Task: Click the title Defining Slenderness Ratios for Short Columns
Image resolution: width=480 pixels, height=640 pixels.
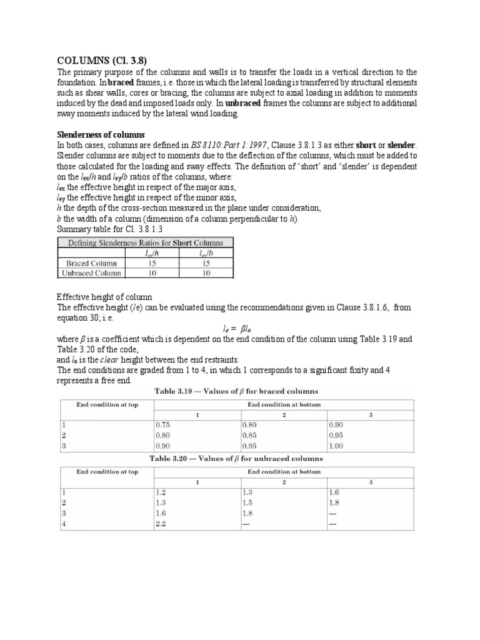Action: coord(145,242)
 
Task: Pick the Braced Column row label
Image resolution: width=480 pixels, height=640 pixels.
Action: coord(91,263)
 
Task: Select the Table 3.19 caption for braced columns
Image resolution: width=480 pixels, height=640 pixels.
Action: coord(236,391)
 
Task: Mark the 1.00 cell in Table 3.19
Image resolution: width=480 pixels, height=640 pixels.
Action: coord(337,445)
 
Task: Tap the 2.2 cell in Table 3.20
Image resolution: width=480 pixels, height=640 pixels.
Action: coord(161,524)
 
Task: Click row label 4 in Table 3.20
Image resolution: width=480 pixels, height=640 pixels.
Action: coord(63,524)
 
